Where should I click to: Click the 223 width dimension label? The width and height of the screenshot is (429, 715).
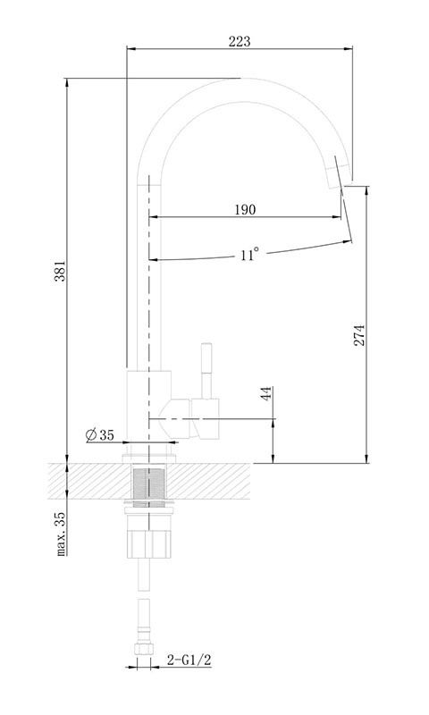(x=240, y=41)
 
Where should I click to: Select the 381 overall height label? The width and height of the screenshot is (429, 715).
(x=60, y=271)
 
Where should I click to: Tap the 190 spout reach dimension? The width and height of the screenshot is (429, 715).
(x=245, y=210)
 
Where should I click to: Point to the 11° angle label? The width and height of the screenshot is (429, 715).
(x=249, y=254)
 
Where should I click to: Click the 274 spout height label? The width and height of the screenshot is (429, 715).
(x=359, y=335)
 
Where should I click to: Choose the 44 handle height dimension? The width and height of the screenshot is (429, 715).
(x=266, y=393)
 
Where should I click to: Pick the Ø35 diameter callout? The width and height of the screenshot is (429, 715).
(x=100, y=435)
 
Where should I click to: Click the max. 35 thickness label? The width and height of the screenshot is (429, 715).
(x=61, y=534)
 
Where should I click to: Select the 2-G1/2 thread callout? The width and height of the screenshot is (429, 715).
(x=189, y=660)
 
